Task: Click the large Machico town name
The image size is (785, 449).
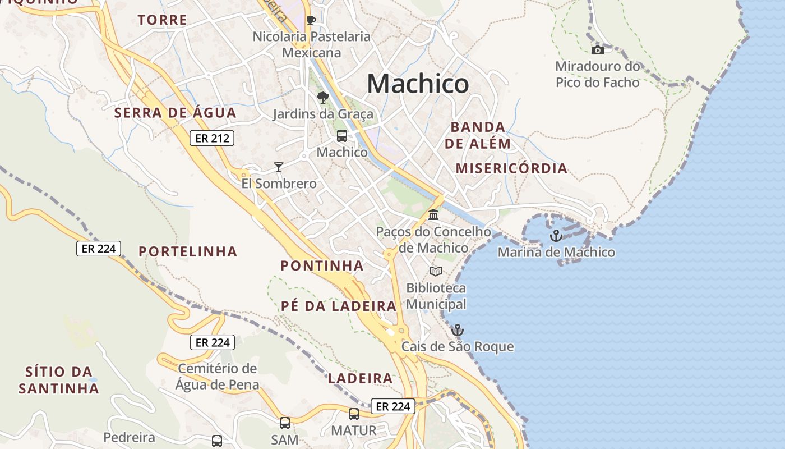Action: [418, 84]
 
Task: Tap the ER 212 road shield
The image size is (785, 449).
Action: [211, 138]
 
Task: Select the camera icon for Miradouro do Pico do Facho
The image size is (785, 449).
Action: [598, 50]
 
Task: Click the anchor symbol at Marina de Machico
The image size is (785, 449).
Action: [556, 236]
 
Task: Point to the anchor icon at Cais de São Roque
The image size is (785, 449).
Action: [458, 329]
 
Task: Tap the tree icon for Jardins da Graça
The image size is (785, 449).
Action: [322, 98]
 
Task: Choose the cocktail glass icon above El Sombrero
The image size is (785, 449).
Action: [278, 167]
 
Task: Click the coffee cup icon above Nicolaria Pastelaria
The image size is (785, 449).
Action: [311, 20]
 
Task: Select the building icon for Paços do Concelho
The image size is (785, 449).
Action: [433, 214]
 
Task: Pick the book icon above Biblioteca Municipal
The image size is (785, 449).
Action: [435, 271]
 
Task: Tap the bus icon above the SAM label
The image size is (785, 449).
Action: [285, 423]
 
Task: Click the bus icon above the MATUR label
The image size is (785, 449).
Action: [353, 414]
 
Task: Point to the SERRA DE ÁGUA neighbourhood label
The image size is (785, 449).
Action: [176, 113]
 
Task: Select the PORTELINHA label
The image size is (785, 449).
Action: [188, 251]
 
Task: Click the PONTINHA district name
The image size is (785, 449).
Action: [322, 266]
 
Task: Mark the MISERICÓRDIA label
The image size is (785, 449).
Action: [511, 168]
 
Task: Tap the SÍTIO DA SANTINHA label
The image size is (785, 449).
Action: [59, 379]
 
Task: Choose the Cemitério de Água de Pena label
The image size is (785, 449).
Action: [217, 377]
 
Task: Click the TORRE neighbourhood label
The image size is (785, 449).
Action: [163, 20]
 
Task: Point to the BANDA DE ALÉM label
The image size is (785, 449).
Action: [478, 135]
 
